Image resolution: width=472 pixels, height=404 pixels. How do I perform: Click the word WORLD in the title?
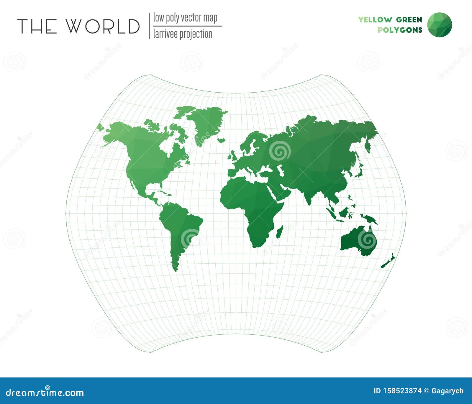(x=102, y=26)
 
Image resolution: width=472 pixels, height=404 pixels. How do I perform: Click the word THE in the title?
(x=37, y=26)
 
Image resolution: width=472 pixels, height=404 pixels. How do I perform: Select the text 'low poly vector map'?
(x=185, y=18)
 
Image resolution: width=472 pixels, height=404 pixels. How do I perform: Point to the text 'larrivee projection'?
(x=183, y=34)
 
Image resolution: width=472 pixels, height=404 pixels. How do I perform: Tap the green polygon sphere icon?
(x=439, y=25)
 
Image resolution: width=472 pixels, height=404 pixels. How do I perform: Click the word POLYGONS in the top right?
(x=400, y=30)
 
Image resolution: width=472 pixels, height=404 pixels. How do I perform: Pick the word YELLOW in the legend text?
(x=375, y=20)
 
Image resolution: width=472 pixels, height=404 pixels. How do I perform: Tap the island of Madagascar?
(x=280, y=232)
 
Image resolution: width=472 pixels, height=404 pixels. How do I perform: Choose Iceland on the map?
(x=221, y=140)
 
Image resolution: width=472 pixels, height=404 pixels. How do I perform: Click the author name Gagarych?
(x=447, y=391)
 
